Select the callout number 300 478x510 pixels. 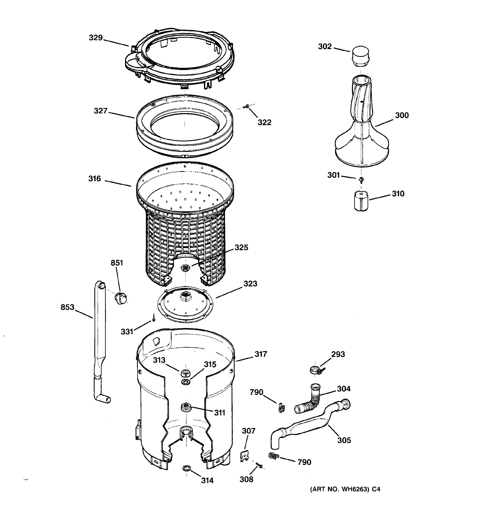point(402,115)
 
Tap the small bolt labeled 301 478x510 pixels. point(362,179)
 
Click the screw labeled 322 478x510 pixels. point(248,106)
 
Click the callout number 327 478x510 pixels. point(100,111)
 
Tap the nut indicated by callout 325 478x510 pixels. point(185,268)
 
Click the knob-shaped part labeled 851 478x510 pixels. point(121,298)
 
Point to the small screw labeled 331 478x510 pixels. point(154,318)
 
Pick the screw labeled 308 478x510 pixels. point(260,465)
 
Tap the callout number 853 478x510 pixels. point(67,307)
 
